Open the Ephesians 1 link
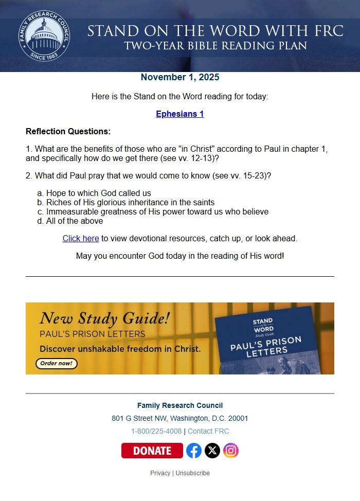[180, 114]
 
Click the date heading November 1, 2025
[180, 78]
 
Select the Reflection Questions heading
[68, 131]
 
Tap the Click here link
[81, 239]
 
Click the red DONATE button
[152, 451]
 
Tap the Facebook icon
[194, 451]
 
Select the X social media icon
[212, 451]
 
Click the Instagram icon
[231, 451]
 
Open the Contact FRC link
[208, 431]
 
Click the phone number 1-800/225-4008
[156, 431]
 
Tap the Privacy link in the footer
[160, 473]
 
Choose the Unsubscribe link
[192, 473]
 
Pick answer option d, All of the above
[74, 221]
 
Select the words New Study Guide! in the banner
[104, 318]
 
